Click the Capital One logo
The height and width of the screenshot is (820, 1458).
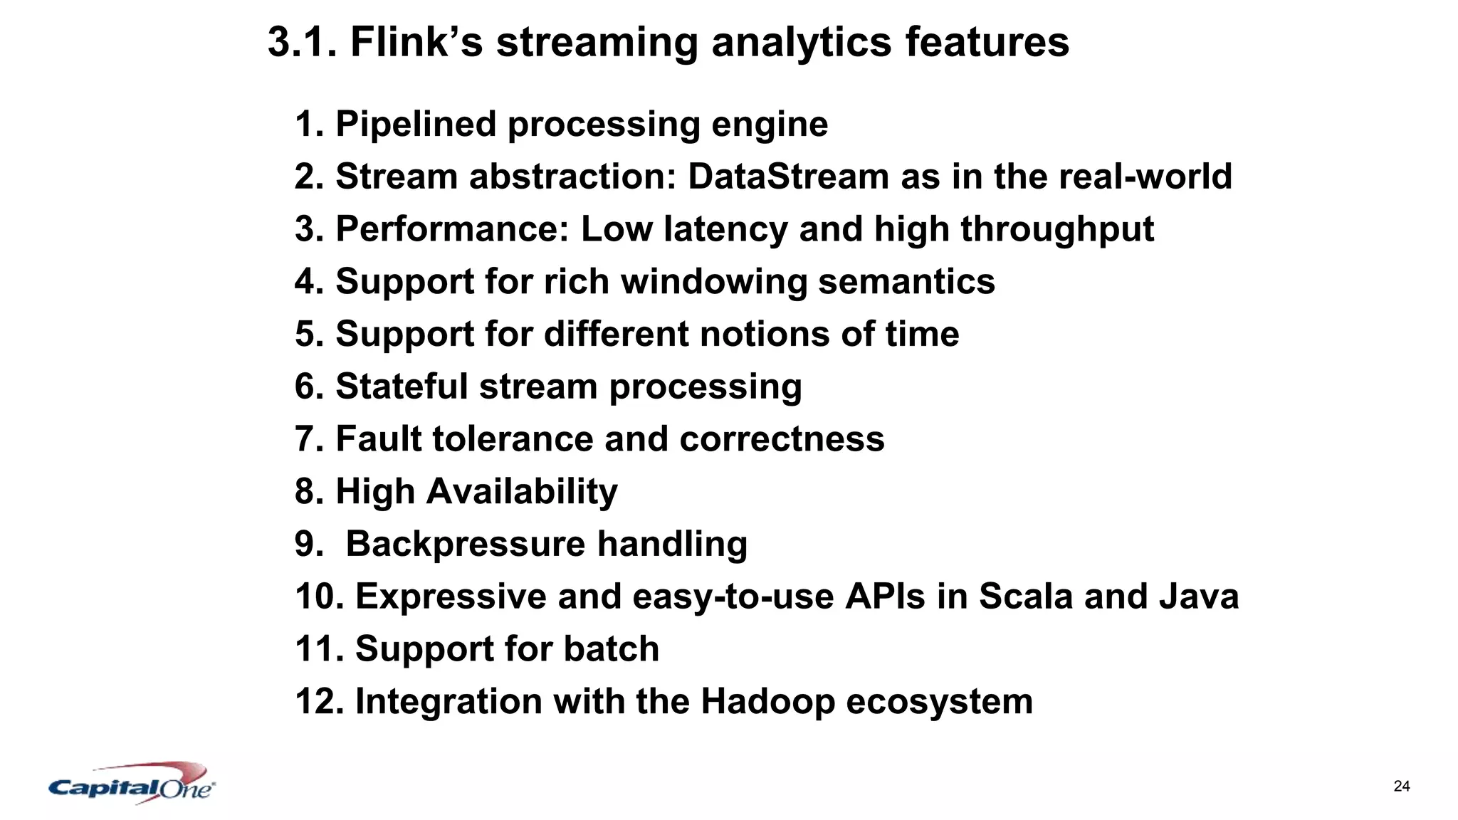(132, 784)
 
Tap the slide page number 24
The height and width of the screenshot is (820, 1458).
(1401, 787)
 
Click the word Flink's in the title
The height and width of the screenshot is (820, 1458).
(416, 42)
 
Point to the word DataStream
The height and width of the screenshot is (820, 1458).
(788, 177)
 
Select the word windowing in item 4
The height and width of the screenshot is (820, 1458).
(713, 282)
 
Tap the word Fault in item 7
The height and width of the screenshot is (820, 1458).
(378, 438)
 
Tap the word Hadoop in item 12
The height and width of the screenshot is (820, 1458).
(767, 702)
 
